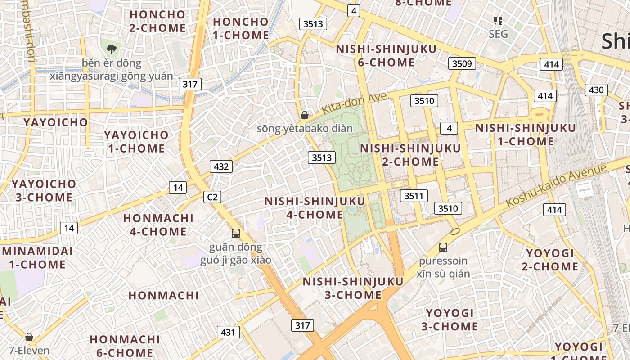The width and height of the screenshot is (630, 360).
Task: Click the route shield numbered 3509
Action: tap(462, 63)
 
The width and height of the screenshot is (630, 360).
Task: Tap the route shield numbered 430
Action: tap(596, 90)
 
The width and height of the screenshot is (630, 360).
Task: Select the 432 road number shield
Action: tap(221, 166)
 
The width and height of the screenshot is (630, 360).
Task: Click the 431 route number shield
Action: tap(228, 332)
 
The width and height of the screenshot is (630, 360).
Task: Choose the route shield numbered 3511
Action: tap(414, 196)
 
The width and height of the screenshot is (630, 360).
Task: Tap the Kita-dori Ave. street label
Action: tap(355, 103)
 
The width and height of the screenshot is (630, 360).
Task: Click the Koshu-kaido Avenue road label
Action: tap(556, 186)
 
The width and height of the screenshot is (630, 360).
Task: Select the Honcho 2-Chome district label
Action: tap(157, 21)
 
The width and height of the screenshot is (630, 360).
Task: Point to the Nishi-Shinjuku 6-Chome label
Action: tap(387, 55)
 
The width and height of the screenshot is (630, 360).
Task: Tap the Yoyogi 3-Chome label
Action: tap(450, 319)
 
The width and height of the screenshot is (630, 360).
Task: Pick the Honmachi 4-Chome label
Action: tap(158, 225)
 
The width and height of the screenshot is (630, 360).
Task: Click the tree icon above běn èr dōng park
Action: tap(111, 49)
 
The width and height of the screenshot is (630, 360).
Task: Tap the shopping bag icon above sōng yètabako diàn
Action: tap(305, 115)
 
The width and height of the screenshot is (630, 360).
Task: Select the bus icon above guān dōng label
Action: tap(236, 233)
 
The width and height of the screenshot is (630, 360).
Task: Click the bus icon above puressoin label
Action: tap(443, 247)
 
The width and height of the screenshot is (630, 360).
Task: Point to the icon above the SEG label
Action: tap(498, 20)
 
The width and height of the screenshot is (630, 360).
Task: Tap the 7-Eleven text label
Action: tap(29, 350)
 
